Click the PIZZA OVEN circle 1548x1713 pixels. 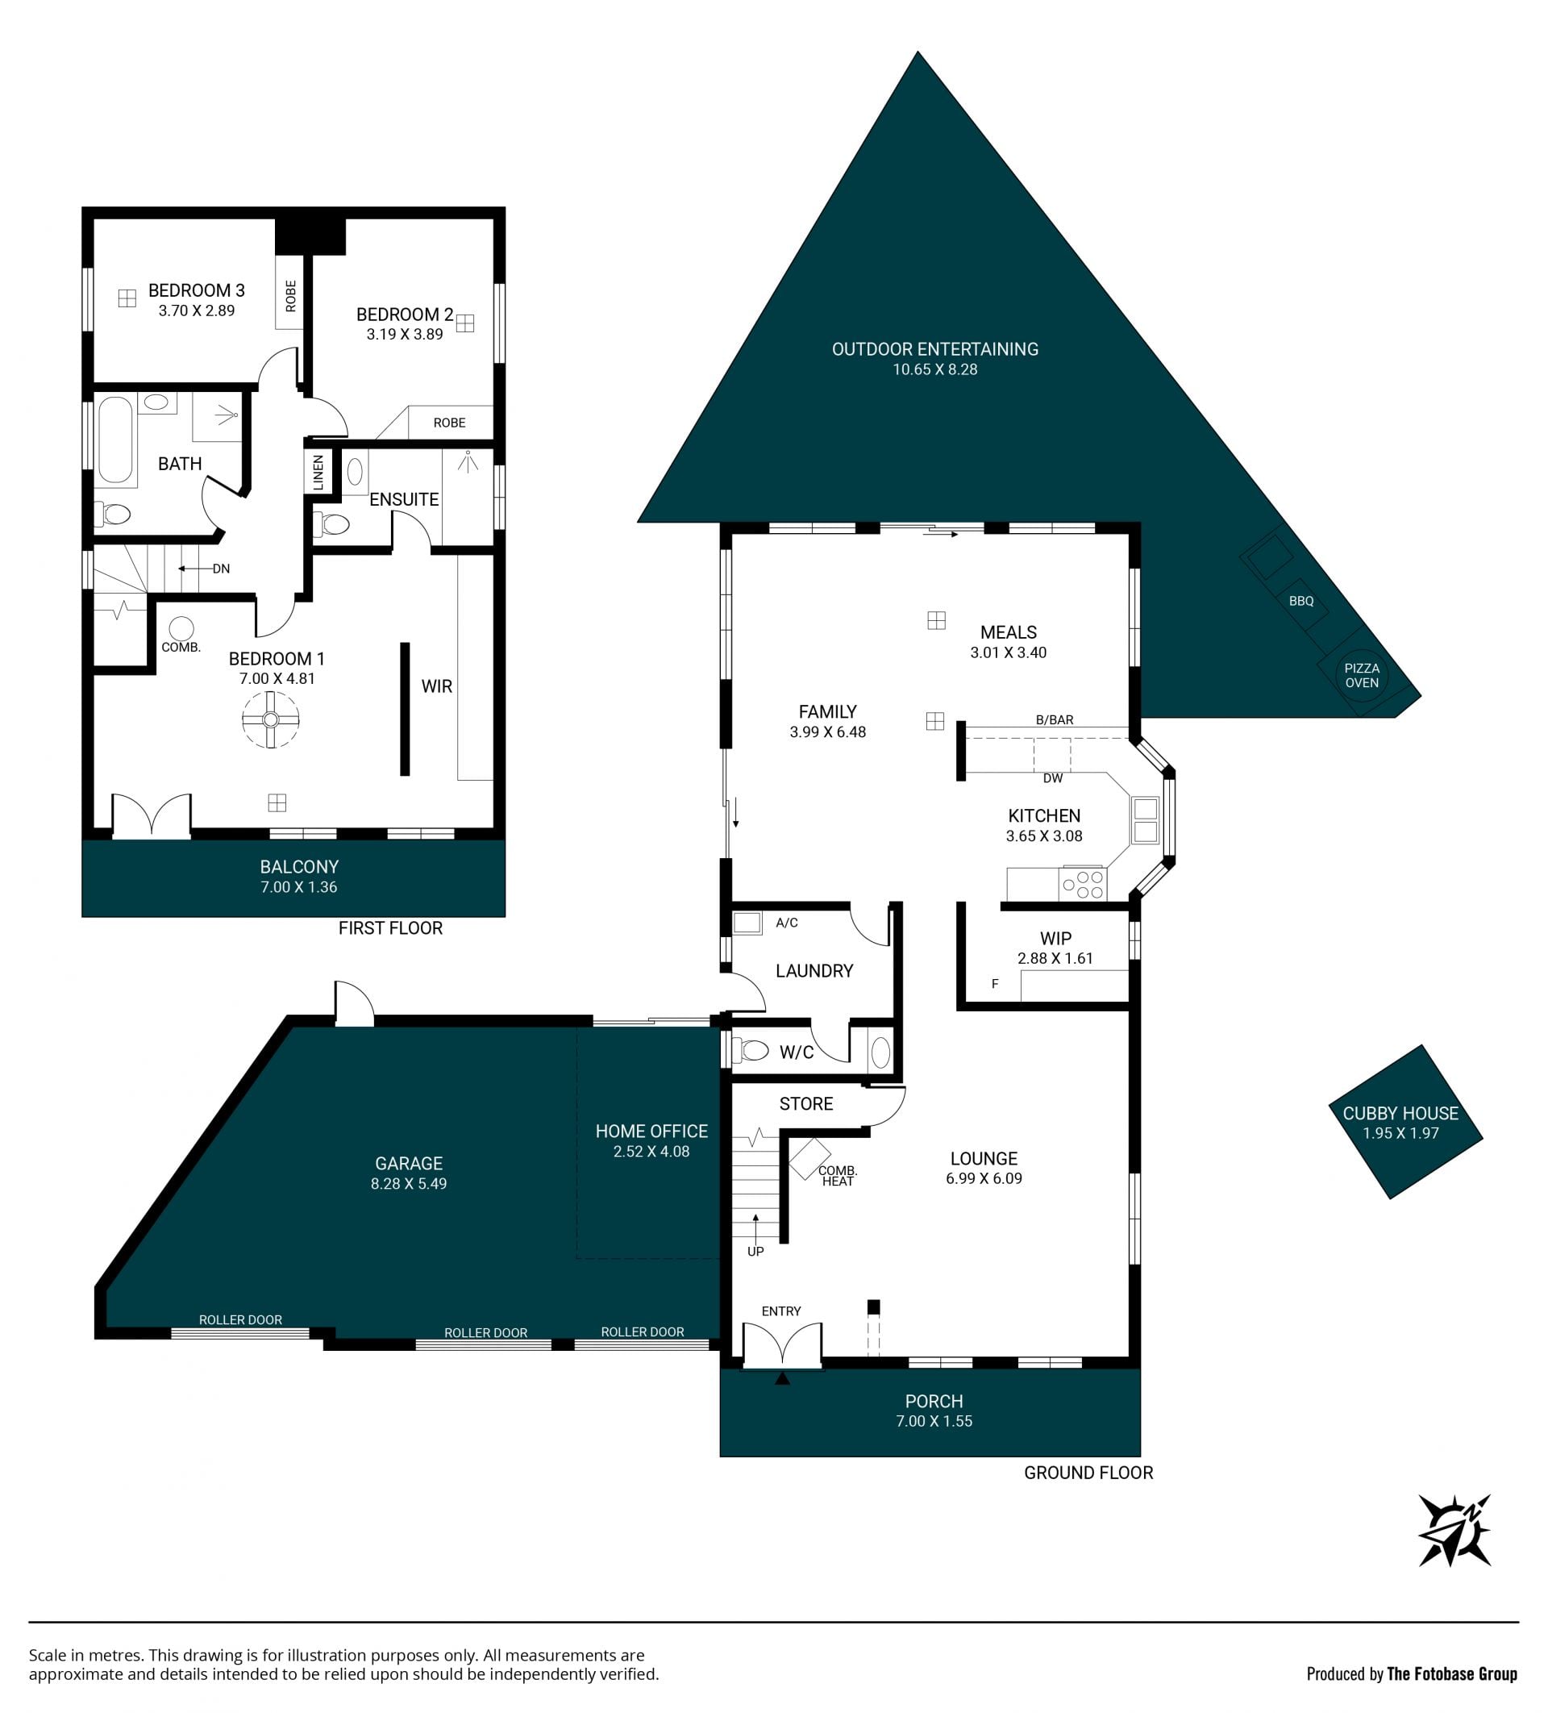1361,676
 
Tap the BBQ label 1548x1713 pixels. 1300,601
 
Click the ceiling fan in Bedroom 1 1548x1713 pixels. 270,719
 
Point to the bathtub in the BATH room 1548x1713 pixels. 115,440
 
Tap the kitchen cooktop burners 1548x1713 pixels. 1083,885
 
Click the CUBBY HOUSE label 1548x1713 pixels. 1400,1112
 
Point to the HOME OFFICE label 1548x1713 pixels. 651,1131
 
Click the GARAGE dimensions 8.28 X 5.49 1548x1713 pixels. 409,1184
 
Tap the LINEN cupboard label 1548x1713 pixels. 318,473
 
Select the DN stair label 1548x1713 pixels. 221,569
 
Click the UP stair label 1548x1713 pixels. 755,1252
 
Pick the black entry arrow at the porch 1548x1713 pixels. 783,1378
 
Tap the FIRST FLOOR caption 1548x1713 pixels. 390,927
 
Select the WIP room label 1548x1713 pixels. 1055,938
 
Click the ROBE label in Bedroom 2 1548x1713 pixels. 449,423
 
